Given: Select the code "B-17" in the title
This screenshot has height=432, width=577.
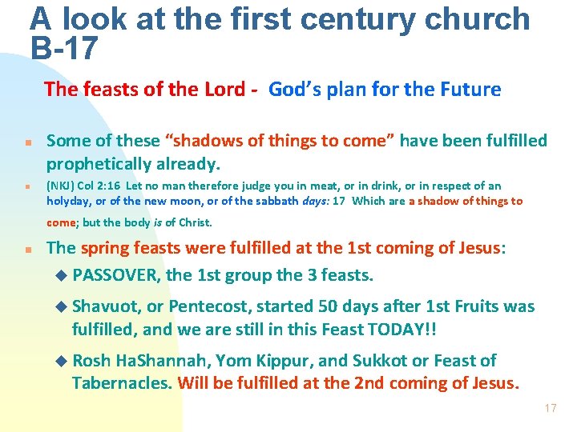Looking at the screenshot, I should coord(64,49).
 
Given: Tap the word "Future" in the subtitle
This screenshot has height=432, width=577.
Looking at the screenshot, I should coord(470,89).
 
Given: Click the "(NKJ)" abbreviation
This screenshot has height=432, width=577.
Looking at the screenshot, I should coord(62,186).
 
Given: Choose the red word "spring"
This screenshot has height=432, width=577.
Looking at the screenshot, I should coord(105,248).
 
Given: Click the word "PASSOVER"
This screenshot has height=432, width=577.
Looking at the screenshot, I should coord(116,275).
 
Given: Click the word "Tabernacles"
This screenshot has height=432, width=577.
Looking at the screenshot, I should coord(121,382).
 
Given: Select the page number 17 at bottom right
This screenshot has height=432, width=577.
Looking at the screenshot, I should coord(550,408).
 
